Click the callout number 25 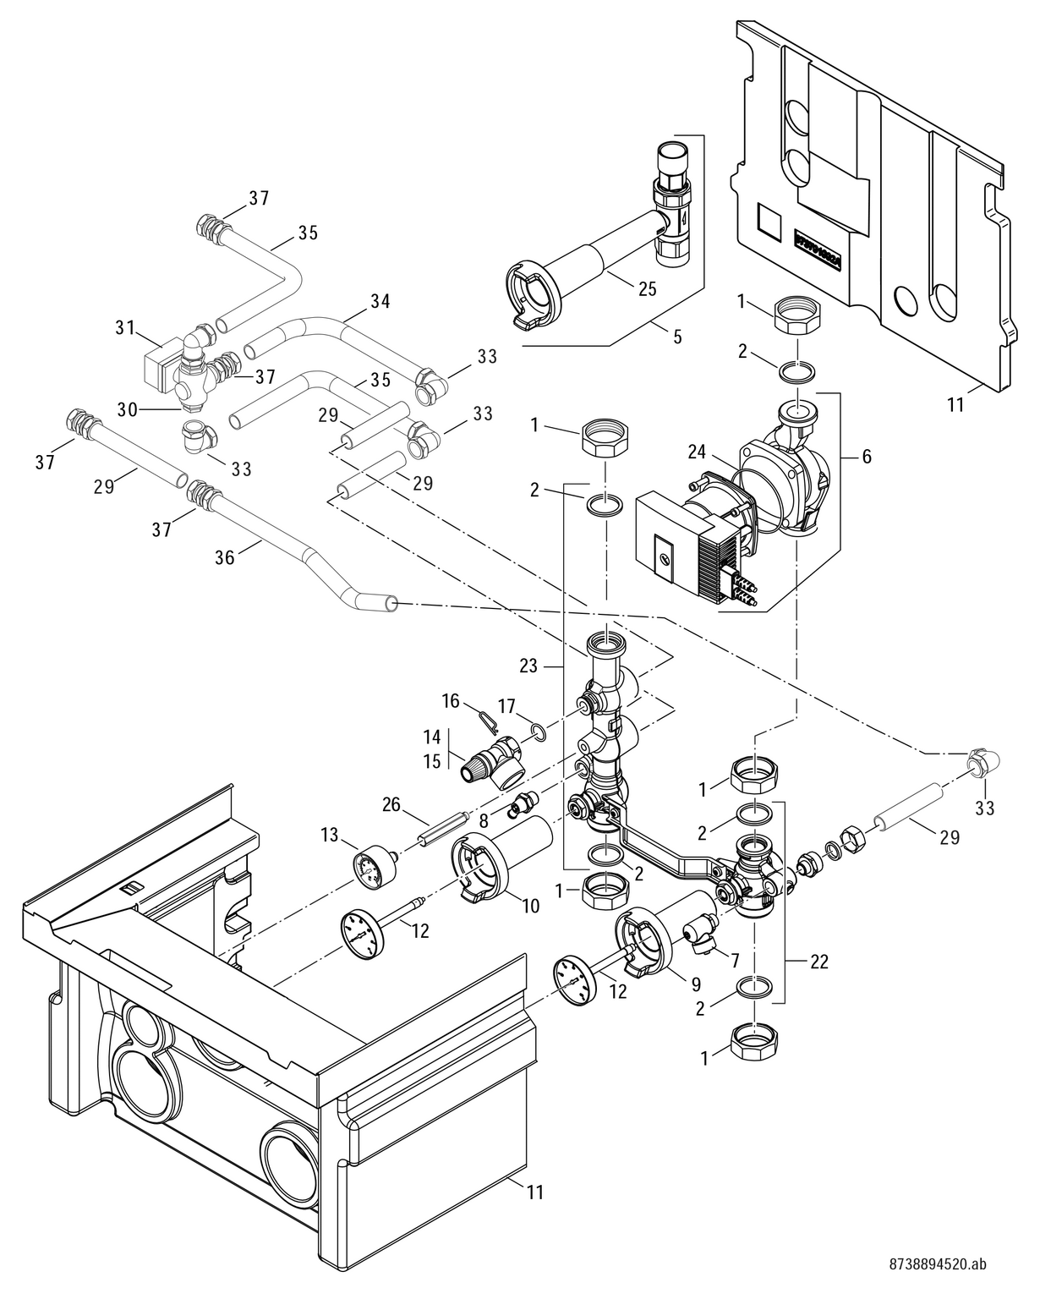647,289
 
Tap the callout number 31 126,328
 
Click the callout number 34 380,300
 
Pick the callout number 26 391,804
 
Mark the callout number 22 818,962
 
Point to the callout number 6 865,457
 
